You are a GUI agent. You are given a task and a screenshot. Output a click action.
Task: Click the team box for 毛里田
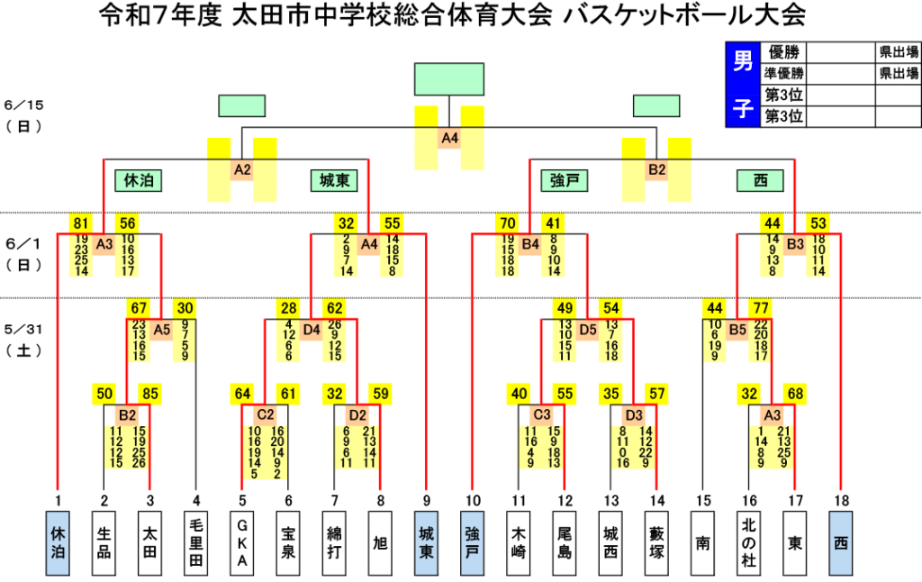coord(196,542)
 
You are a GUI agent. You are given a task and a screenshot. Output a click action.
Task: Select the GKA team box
coord(242,542)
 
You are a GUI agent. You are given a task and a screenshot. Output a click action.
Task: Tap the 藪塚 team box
coord(656,542)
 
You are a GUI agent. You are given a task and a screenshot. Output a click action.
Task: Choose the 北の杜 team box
coord(748,542)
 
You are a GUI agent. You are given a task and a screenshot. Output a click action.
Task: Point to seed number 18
coord(842,501)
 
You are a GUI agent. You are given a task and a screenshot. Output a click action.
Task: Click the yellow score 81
coord(81,223)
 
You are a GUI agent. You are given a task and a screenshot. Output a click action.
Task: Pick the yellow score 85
coord(150,394)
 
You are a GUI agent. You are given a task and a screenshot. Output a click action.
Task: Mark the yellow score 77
coord(760,308)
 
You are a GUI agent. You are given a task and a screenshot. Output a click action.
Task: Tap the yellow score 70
coord(508,223)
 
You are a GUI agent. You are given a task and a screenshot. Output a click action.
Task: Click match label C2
coord(266,414)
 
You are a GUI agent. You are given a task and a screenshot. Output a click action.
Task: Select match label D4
coord(311,330)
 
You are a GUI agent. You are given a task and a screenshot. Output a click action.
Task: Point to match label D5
coord(588,330)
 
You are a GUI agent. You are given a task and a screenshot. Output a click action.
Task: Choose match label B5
coord(737,330)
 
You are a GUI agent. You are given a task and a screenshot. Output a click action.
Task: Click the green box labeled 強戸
coord(565,180)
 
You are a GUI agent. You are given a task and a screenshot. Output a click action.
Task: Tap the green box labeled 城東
coord(334,180)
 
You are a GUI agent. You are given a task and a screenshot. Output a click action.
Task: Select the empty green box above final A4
coord(449,79)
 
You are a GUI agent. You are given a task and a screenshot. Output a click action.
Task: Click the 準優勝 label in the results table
coord(783,74)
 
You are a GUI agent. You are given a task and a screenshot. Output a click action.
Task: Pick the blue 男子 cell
coord(743,84)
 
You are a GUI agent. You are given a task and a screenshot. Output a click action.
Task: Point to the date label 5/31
coord(23,330)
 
